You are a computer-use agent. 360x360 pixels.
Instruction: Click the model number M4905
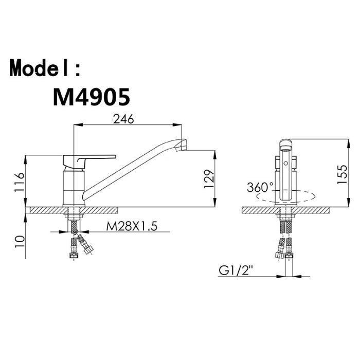coord(92,97)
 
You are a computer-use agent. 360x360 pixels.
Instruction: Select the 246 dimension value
coord(123,119)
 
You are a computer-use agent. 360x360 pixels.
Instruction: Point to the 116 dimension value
coord(20,182)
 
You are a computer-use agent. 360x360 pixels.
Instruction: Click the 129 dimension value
coord(209,179)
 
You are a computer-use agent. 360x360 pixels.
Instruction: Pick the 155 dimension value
coord(342,174)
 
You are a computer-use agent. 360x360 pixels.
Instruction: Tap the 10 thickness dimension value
coord(20,241)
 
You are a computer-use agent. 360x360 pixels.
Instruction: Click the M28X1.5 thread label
coord(132,226)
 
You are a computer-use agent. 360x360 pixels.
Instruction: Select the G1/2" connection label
coord(236,271)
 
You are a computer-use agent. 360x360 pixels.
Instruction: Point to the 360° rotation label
coord(260,187)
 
